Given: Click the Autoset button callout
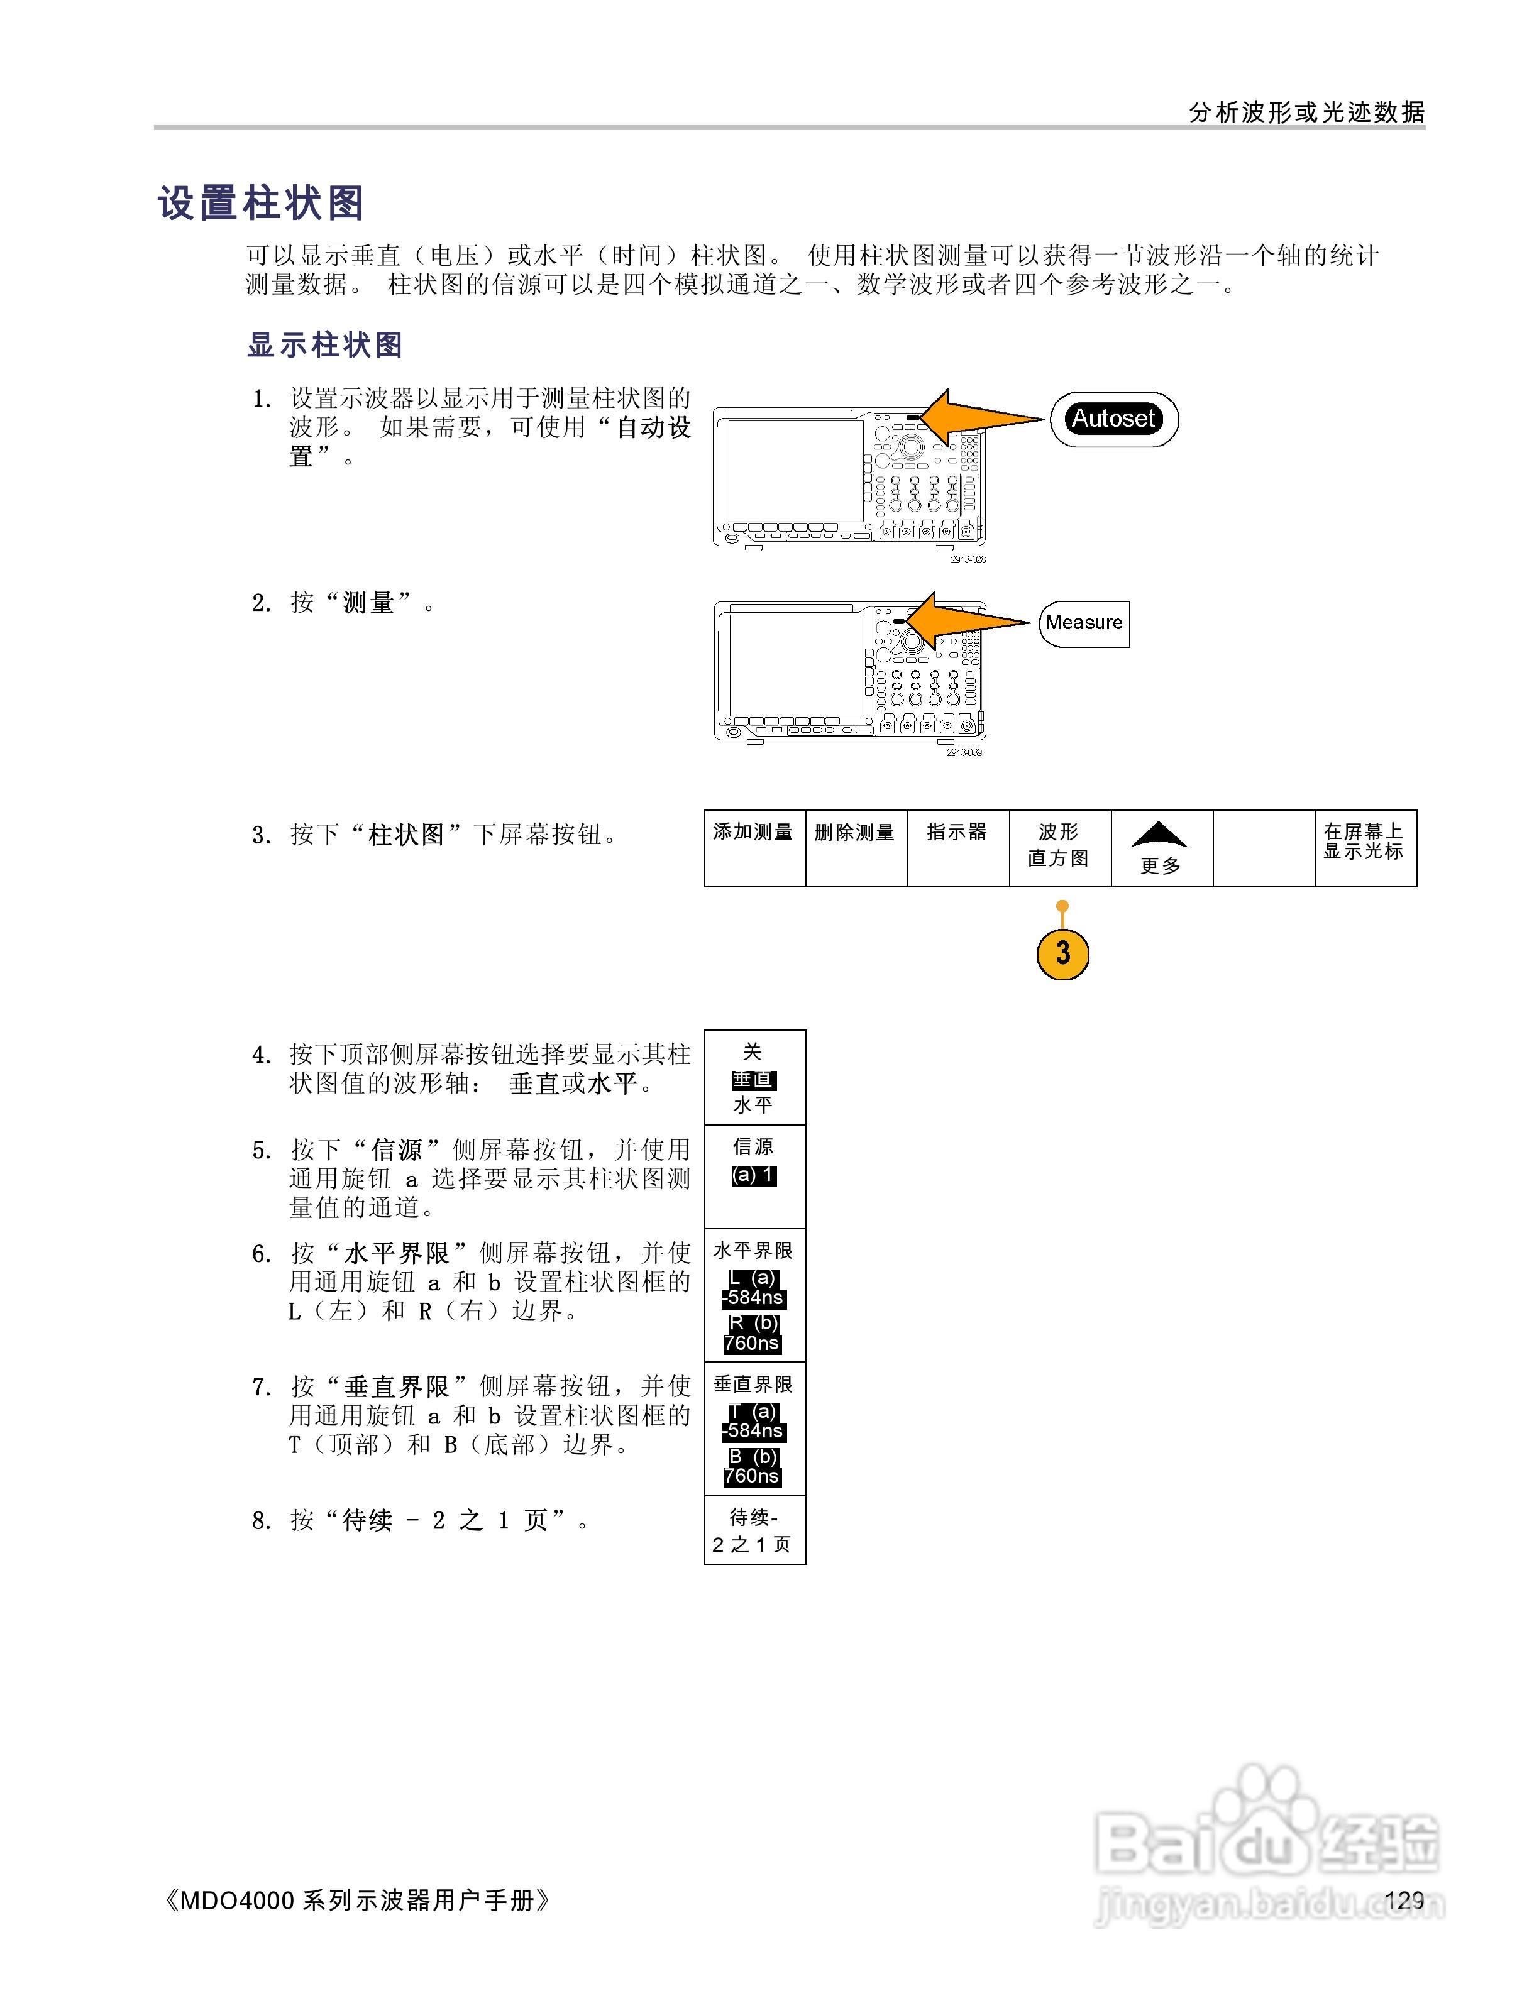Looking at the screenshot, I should point(1113,419).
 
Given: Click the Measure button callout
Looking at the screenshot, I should point(1084,623).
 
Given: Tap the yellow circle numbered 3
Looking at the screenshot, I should point(1063,953).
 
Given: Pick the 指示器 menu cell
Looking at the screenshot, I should point(957,847).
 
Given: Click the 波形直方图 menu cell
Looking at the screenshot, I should point(1059,847).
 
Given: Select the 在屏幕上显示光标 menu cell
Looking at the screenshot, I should point(1365,847).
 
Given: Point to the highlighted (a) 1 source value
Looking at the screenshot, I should point(754,1176).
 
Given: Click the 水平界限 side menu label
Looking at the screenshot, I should point(753,1251).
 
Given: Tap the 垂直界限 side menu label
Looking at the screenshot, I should point(753,1384).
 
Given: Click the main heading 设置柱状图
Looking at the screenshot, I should point(262,203).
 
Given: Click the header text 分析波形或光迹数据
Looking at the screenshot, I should point(1306,112).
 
